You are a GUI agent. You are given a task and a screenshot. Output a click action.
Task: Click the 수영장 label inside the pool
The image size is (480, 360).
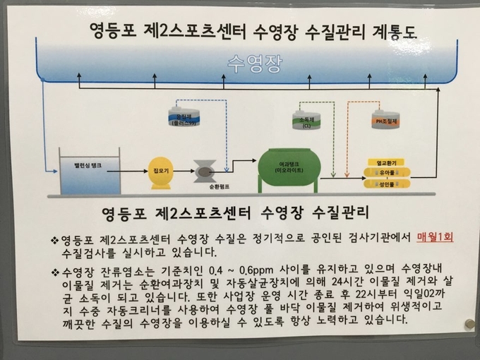(x=255, y=61)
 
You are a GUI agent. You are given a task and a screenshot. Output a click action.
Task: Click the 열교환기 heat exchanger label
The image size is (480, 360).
(x=385, y=162)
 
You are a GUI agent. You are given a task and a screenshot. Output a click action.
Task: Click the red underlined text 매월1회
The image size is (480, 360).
(x=433, y=238)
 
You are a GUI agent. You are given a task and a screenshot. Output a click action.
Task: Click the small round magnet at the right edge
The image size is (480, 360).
(x=469, y=324)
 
